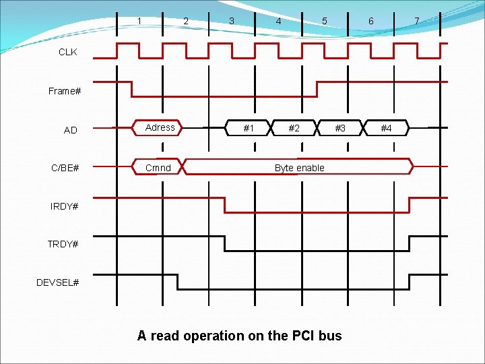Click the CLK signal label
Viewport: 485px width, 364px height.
(68, 52)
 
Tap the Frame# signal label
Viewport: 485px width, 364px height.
(65, 91)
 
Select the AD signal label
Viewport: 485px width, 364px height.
(70, 130)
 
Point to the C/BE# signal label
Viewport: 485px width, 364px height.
(65, 168)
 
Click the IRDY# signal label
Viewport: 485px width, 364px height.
(65, 206)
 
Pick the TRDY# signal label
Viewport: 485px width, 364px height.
(63, 244)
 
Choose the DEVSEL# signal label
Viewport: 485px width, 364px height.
(58, 282)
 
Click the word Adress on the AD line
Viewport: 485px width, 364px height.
(160, 127)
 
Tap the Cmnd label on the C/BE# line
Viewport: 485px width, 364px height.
(158, 168)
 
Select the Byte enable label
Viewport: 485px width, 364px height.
(299, 168)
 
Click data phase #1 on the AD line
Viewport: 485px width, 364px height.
(249, 128)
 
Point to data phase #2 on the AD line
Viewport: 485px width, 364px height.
(294, 128)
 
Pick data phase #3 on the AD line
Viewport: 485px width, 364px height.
(340, 128)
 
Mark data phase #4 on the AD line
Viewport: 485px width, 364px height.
(386, 128)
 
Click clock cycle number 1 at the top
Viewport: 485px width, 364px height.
(139, 21)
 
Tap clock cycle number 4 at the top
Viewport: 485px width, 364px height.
(278, 21)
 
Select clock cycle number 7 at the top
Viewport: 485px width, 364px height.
(416, 21)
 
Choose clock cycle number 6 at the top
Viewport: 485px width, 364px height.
(370, 21)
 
